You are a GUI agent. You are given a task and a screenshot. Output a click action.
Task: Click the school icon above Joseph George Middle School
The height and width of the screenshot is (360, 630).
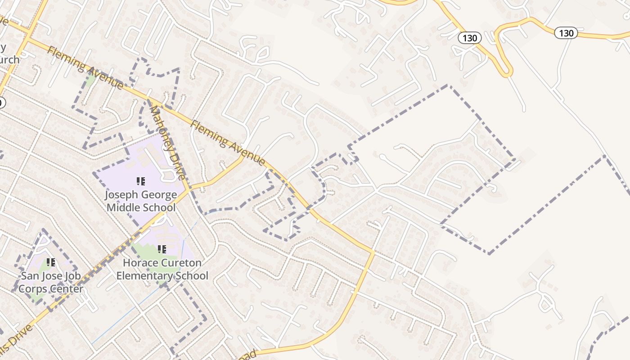(141, 181)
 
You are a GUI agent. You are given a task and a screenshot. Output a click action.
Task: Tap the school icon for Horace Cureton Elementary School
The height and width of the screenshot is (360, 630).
(162, 249)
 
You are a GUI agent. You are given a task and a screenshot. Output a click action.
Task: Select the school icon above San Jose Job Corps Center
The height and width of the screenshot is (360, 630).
(51, 262)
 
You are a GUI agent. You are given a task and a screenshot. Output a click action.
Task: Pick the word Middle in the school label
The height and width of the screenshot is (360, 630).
(126, 207)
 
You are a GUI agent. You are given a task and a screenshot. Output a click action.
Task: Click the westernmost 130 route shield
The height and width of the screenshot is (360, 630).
(469, 38)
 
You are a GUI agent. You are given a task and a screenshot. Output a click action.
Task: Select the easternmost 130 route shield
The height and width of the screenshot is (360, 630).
(566, 33)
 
